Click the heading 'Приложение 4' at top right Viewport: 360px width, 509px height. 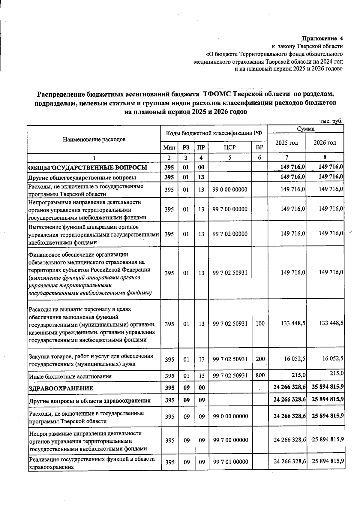(322, 39)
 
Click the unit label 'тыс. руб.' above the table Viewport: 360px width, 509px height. (331, 121)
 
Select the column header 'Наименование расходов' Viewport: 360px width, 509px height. (94, 140)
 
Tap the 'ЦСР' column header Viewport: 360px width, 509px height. (230, 148)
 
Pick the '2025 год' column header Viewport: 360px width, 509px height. (286, 143)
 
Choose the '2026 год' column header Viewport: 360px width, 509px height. (325, 143)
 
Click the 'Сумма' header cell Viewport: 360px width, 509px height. (305, 129)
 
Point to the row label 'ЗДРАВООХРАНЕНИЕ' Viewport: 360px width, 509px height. (61, 388)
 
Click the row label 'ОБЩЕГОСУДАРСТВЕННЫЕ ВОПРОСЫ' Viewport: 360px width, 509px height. (88, 167)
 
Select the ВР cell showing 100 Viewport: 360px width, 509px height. (260, 324)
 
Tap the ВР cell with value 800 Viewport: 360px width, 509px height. (260, 376)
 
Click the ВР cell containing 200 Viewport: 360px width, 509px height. (260, 359)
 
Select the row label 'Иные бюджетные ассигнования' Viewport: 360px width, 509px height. (70, 376)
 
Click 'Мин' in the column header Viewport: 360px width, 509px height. (169, 148)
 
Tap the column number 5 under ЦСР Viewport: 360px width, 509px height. (230, 158)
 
